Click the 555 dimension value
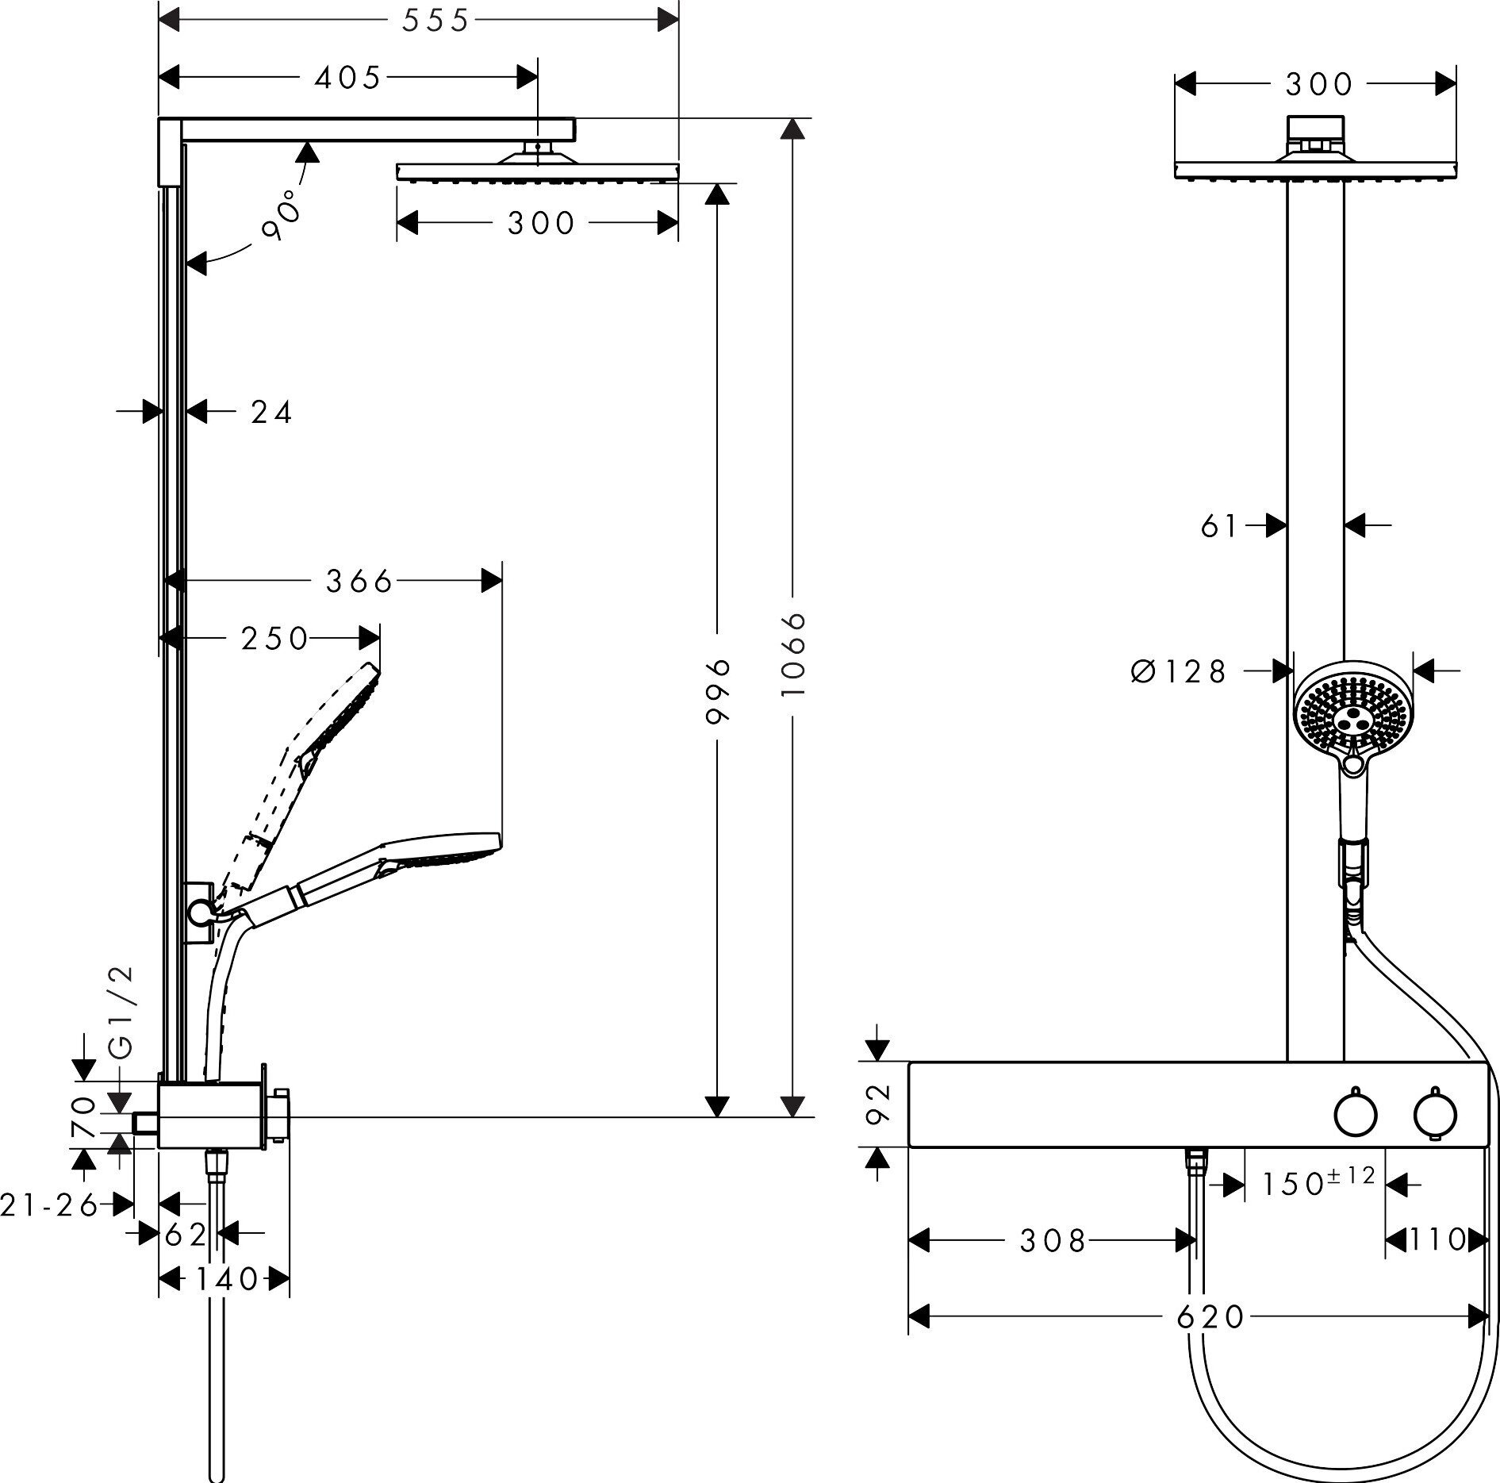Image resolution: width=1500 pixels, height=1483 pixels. tap(435, 21)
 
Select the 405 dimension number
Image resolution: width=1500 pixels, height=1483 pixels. tap(348, 78)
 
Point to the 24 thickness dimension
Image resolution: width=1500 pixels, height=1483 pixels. tap(271, 412)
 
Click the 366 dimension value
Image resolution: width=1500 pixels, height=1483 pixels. tap(359, 582)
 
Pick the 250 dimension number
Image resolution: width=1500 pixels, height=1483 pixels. tap(274, 639)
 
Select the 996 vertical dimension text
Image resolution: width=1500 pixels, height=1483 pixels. tap(717, 691)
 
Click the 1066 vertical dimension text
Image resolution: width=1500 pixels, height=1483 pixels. tap(792, 654)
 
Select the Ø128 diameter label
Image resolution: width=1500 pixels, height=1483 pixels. tap(1179, 671)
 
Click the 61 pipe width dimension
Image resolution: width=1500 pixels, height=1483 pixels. tap(1219, 525)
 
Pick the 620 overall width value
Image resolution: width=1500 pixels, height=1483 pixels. tap(1210, 1317)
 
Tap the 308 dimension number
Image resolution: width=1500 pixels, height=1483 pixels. tap(1052, 1240)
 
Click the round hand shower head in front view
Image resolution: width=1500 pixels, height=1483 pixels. tap(1353, 713)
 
